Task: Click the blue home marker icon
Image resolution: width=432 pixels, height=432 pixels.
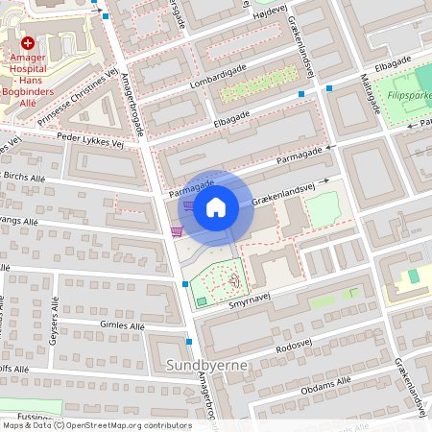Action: pyautogui.click(x=216, y=206)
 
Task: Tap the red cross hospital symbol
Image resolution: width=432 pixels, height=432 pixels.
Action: pyautogui.click(x=28, y=43)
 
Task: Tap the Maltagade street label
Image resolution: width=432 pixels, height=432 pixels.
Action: pyautogui.click(x=371, y=91)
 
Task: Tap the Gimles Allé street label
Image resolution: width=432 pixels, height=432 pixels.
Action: pyautogui.click(x=122, y=326)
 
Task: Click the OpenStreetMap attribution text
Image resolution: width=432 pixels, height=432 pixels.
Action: pyautogui.click(x=96, y=425)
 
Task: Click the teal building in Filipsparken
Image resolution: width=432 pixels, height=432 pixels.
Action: pyautogui.click(x=414, y=276)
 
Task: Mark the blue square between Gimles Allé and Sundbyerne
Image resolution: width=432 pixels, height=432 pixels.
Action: pyautogui.click(x=189, y=342)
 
